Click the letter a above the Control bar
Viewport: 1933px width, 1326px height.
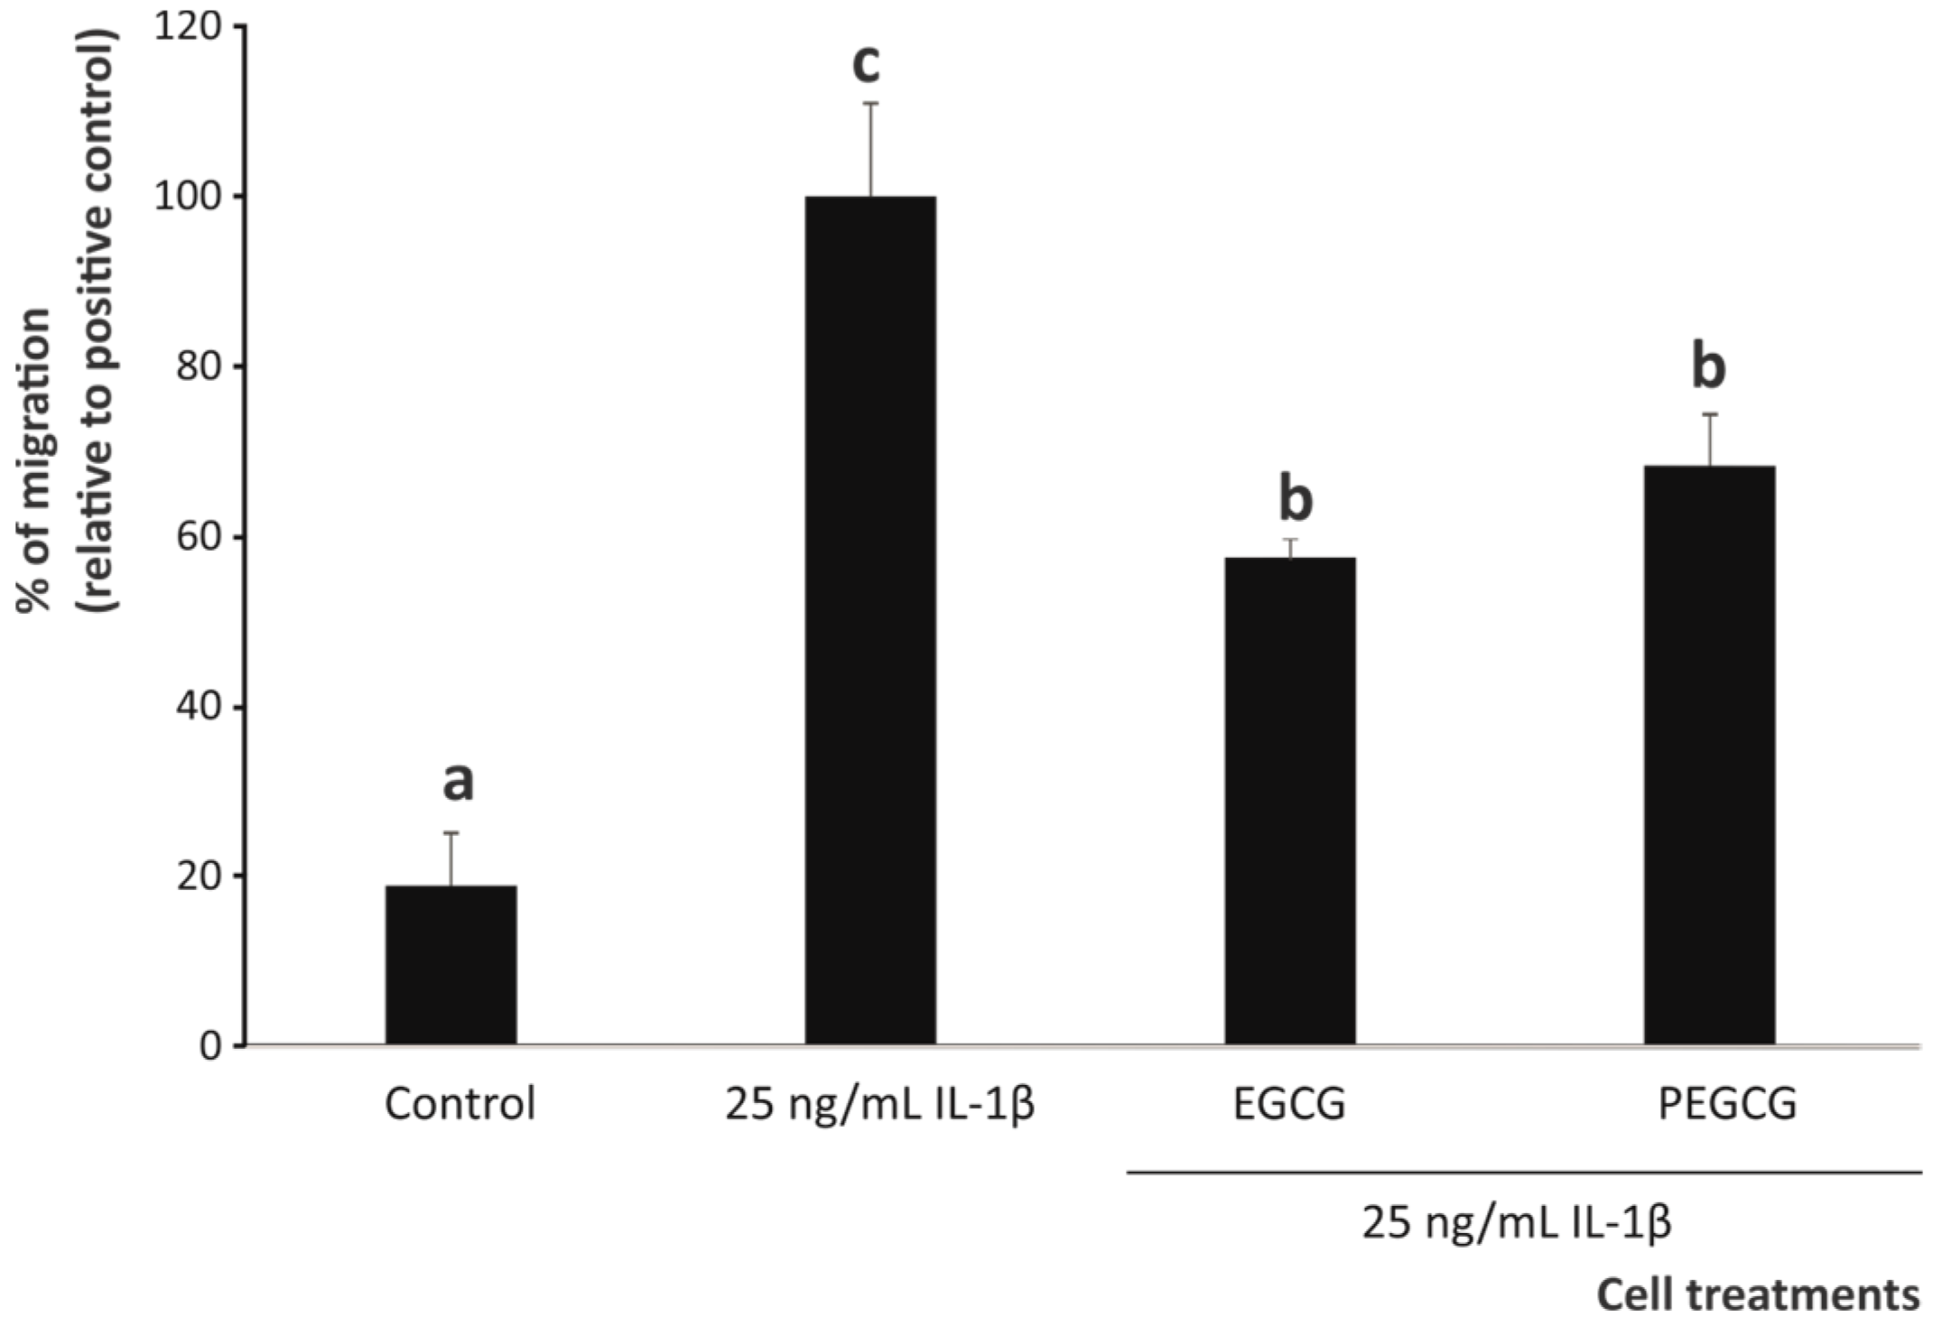[x=458, y=782]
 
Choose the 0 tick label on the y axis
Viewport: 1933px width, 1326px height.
[x=210, y=1046]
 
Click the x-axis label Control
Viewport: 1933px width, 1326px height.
[x=460, y=1103]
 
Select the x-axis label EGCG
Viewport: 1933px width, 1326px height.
[x=1289, y=1103]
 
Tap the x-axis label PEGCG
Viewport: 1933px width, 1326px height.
[x=1727, y=1103]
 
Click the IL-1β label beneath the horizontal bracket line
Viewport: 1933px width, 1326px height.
[x=1517, y=1224]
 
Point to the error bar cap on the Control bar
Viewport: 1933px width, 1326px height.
[x=451, y=833]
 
